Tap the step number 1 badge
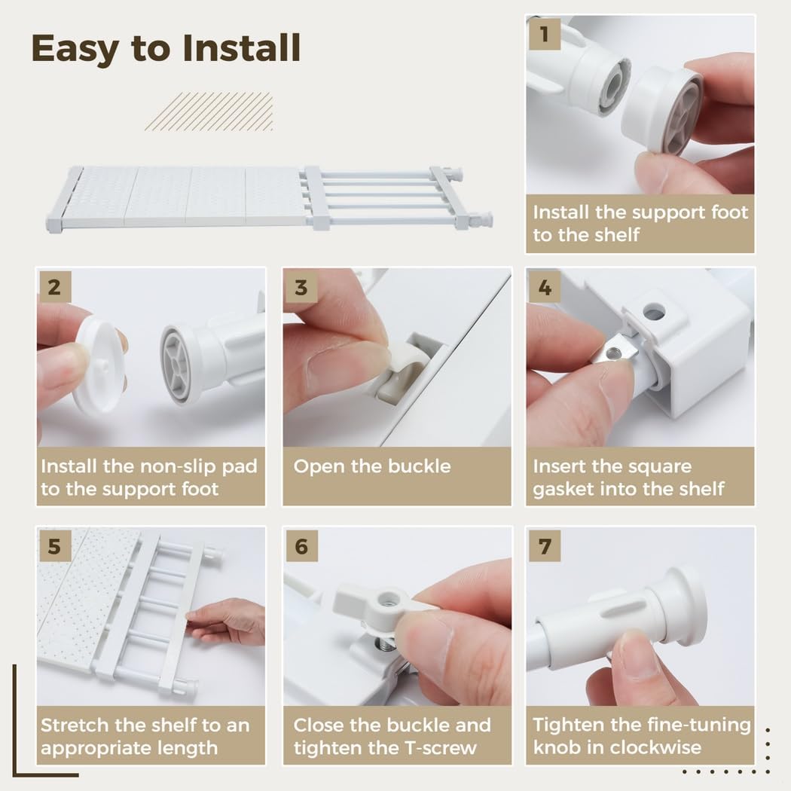(544, 34)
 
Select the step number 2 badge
(54, 287)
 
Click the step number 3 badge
(301, 287)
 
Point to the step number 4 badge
(544, 287)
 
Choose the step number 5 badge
(54, 546)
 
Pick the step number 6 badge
(301, 546)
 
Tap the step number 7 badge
(544, 546)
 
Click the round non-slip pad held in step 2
(98, 365)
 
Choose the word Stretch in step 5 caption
(71, 725)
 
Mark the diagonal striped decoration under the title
(209, 111)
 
